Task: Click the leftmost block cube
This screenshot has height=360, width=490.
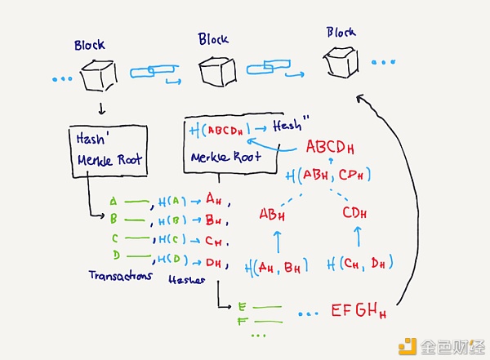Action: point(98,77)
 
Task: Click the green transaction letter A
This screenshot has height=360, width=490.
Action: point(113,201)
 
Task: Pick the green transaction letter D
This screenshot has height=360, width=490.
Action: point(114,259)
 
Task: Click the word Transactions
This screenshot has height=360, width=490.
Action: point(121,276)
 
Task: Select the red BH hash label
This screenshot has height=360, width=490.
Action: point(214,220)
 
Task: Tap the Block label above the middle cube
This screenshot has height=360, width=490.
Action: point(215,39)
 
